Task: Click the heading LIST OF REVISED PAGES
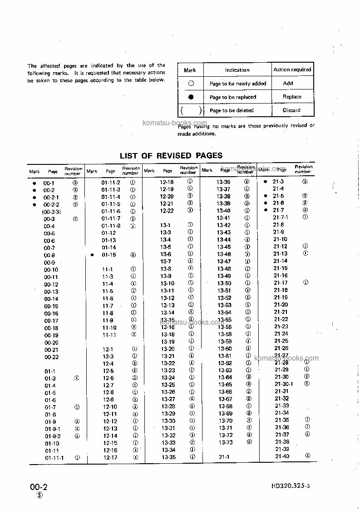coord(171,155)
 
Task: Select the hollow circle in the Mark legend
coord(191,84)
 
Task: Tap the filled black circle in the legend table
coord(191,97)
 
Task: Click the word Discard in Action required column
coord(291,110)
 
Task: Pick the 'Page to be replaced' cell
coord(233,97)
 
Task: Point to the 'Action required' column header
coord(292,70)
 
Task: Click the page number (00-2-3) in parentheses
coord(51,212)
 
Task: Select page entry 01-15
coord(108,255)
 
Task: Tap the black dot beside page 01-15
coord(92,255)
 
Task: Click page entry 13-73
coord(225,442)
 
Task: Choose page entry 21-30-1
coord(284,384)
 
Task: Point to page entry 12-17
coord(110,457)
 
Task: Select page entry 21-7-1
coord(280,218)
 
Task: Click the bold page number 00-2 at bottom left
coord(39,487)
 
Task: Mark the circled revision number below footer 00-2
coord(39,495)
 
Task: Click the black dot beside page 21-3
coord(266,182)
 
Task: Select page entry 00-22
coord(51,357)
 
